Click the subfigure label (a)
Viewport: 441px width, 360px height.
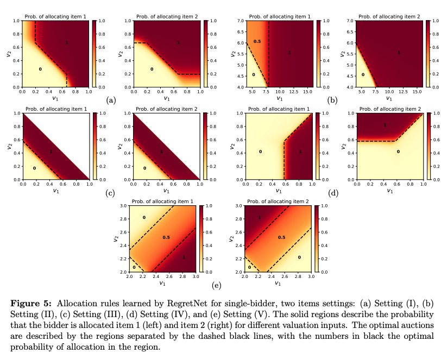pyautogui.click(x=111, y=100)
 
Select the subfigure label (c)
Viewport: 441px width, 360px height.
pyautogui.click(x=111, y=193)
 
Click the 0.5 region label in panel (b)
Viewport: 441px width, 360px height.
pyautogui.click(x=257, y=42)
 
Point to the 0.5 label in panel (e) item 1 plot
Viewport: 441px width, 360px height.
pyautogui.click(x=166, y=238)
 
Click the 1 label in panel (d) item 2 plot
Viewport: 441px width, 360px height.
pyautogui.click(x=385, y=125)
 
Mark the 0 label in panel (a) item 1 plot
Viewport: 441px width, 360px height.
pyautogui.click(x=40, y=70)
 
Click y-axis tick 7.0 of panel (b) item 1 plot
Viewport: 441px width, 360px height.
pyautogui.click(x=241, y=21)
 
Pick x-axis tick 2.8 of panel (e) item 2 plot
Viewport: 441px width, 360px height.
pyautogui.click(x=298, y=277)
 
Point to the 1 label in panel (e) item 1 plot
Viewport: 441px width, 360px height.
pyautogui.click(x=184, y=258)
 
